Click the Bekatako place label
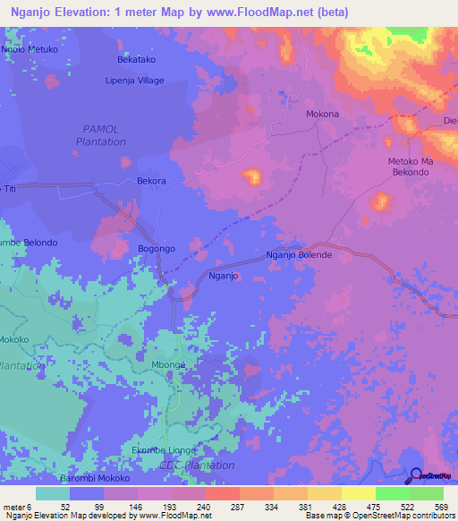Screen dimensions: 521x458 coord(137,60)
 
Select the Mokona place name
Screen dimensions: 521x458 coord(322,115)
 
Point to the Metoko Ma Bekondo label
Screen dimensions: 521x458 coord(410,167)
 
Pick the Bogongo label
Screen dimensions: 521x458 coord(157,248)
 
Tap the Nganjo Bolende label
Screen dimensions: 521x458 coord(299,255)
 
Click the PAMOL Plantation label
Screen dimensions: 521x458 coord(100,136)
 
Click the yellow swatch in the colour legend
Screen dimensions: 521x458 coord(358,493)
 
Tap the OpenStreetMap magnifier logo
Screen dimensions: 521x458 coord(418,475)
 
